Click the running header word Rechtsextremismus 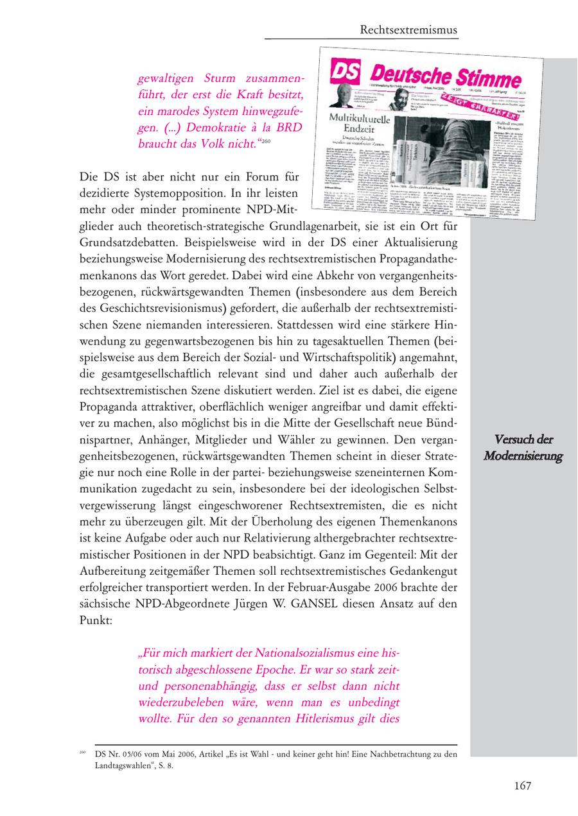[408, 30]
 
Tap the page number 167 [523, 786]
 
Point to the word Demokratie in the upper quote [225, 128]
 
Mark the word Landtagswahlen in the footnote [123, 766]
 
